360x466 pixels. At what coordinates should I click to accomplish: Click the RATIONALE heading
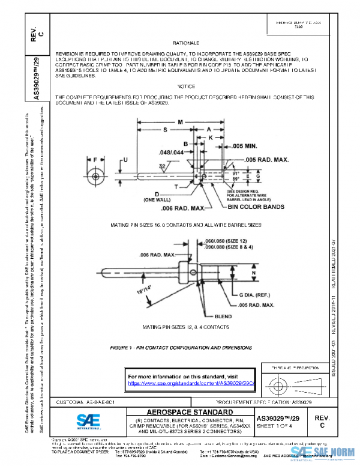(186, 44)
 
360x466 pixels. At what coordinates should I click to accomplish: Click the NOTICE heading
(186, 86)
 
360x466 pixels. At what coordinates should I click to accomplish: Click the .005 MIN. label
(245, 147)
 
